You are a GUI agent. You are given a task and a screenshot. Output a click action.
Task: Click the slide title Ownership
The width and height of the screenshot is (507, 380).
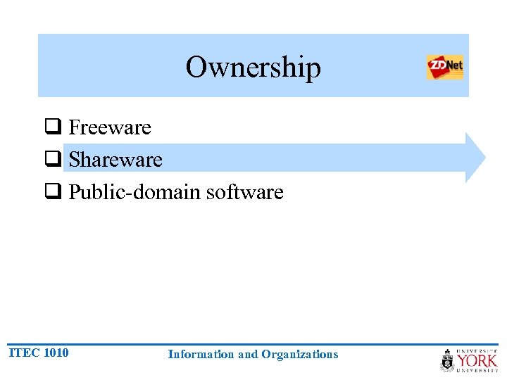253,68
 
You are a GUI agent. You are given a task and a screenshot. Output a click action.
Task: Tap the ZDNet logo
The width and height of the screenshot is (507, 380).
445,67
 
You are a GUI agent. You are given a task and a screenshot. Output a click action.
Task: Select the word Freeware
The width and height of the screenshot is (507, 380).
110,127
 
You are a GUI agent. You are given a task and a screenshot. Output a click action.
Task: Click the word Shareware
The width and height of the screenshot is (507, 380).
115,160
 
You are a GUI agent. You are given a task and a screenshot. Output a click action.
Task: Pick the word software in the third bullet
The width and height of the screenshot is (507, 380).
245,192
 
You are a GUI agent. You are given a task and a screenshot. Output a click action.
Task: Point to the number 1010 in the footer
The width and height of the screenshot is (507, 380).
56,353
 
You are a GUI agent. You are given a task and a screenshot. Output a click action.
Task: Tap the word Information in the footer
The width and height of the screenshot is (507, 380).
201,355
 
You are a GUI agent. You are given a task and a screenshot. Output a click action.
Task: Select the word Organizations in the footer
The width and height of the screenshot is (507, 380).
300,355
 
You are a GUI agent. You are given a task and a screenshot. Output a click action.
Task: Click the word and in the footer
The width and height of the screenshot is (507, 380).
248,355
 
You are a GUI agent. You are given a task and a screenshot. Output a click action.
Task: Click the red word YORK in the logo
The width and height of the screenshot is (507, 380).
477,362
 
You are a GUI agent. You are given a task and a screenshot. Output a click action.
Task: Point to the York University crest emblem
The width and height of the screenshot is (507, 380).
448,360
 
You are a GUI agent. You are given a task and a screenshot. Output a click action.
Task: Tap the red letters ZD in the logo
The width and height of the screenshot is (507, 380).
437,68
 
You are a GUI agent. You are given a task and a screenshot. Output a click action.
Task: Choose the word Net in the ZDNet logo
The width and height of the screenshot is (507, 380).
454,67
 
